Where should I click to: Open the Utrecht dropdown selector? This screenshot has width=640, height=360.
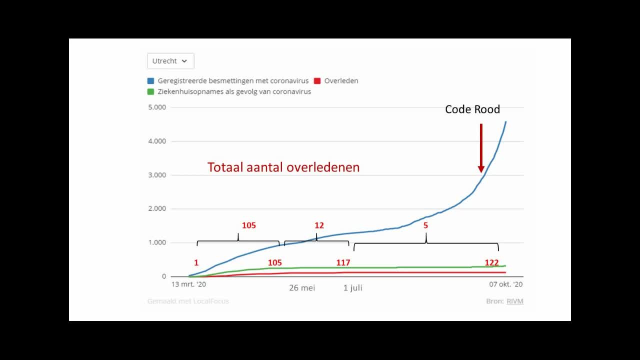click(170, 61)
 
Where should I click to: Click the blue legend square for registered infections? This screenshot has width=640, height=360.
click(150, 80)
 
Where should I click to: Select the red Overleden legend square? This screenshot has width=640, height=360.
click(317, 80)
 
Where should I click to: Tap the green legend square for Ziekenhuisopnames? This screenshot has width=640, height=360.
click(150, 91)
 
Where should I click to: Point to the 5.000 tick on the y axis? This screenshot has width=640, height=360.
click(157, 107)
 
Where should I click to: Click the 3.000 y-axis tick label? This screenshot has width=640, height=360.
click(157, 175)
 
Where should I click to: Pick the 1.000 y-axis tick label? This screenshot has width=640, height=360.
click(157, 242)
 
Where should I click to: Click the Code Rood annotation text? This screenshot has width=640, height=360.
click(472, 109)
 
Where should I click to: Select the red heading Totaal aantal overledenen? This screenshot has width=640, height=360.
click(283, 167)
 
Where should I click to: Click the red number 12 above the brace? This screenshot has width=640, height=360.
click(319, 225)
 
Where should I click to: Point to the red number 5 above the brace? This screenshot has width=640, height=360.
click(426, 225)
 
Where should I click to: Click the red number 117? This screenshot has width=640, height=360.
click(343, 262)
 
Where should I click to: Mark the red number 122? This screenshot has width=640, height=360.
click(491, 262)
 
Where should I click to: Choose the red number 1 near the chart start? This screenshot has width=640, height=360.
click(196, 262)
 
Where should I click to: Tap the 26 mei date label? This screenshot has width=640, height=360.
click(302, 288)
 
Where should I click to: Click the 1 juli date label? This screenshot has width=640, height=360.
click(352, 288)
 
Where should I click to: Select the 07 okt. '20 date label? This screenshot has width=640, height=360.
click(505, 284)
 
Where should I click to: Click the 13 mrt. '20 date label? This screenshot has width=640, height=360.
click(188, 284)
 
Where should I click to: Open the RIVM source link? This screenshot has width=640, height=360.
click(515, 301)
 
